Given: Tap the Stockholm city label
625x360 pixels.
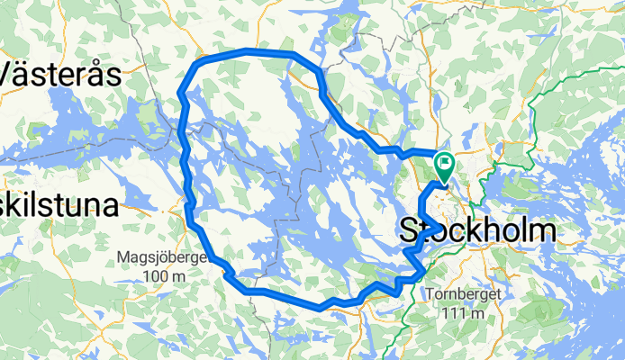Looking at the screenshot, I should coord(477,231).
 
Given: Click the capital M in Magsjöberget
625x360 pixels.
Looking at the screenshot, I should coord(123,258).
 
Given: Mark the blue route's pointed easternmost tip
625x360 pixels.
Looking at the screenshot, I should coord(439,225).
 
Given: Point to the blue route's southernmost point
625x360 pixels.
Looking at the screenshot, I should coord(320,307).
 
